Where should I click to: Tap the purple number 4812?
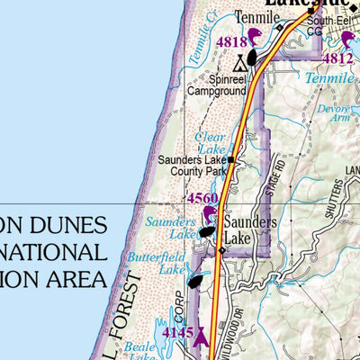[337, 58]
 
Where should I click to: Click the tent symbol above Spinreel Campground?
[239, 64]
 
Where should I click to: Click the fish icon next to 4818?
[255, 36]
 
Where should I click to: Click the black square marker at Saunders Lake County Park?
[231, 160]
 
